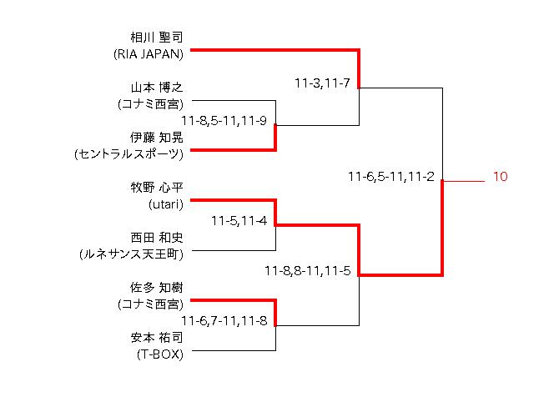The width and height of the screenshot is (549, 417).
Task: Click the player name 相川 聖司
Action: pos(157,38)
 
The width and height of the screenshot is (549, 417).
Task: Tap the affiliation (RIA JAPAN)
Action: pos(149,54)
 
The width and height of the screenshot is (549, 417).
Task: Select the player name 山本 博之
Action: pos(157,88)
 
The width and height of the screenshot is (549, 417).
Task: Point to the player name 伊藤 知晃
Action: pos(157,138)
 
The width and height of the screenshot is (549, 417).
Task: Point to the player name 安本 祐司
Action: pos(157,338)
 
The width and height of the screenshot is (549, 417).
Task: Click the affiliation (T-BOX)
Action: pos(160,354)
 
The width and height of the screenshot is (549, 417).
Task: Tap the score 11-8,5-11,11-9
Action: pos(229,121)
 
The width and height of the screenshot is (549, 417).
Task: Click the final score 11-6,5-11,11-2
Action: pos(391,177)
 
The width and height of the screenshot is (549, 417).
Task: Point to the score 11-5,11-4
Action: pos(239,221)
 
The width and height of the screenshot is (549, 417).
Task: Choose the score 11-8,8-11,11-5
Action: pos(307,271)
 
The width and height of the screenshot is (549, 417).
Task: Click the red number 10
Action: pos(500,177)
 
